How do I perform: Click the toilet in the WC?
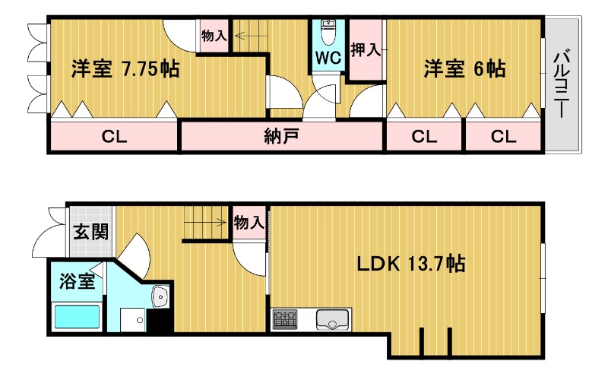tap(328, 32)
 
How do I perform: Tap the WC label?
tap(328, 59)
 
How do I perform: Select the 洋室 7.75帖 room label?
tap(125, 69)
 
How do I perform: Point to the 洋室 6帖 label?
tap(464, 68)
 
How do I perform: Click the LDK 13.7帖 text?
tap(411, 264)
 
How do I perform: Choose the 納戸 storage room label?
tap(281, 137)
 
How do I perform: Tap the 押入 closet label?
tap(366, 49)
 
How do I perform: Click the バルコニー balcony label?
tap(562, 84)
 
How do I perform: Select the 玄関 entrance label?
tap(91, 232)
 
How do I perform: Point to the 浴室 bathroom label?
tap(78, 281)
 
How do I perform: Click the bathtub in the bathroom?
tap(78, 317)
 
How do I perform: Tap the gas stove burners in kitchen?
tap(285, 319)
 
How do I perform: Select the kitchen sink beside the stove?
tap(331, 319)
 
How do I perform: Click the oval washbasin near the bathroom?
tap(160, 296)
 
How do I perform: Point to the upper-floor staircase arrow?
tap(252, 36)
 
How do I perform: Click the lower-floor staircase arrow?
tap(205, 223)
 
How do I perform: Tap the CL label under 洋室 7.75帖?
tap(114, 137)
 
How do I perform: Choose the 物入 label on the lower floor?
tap(249, 223)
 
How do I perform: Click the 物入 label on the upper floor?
tap(214, 36)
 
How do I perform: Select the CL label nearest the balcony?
tap(503, 137)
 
